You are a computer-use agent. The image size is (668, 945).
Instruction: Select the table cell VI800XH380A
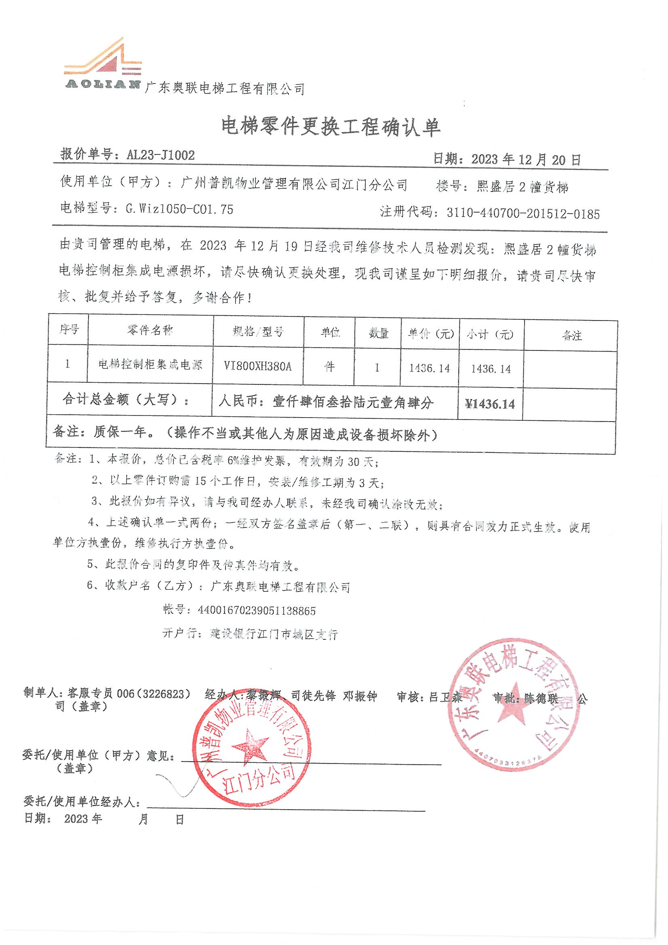(x=258, y=366)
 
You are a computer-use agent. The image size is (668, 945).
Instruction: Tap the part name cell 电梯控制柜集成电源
(x=150, y=364)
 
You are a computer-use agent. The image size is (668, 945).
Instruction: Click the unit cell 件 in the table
(x=329, y=366)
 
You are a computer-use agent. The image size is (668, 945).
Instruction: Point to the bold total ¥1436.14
(x=490, y=404)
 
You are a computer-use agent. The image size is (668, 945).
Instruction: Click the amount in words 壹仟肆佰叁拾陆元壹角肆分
(x=353, y=402)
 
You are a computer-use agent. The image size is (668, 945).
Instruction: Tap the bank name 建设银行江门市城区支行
(x=274, y=634)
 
